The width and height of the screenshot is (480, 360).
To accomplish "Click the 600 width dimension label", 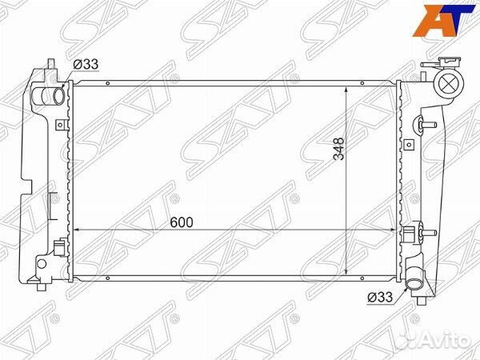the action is click(x=182, y=222).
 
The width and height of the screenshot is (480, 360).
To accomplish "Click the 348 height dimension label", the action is click(x=339, y=149).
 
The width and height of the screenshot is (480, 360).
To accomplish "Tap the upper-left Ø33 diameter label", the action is click(x=86, y=64).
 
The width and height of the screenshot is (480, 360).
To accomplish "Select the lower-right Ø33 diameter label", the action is click(x=380, y=298).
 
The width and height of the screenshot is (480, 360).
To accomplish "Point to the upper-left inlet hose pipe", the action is click(x=48, y=95).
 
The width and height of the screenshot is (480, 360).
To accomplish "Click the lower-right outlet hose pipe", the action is click(x=414, y=279).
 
